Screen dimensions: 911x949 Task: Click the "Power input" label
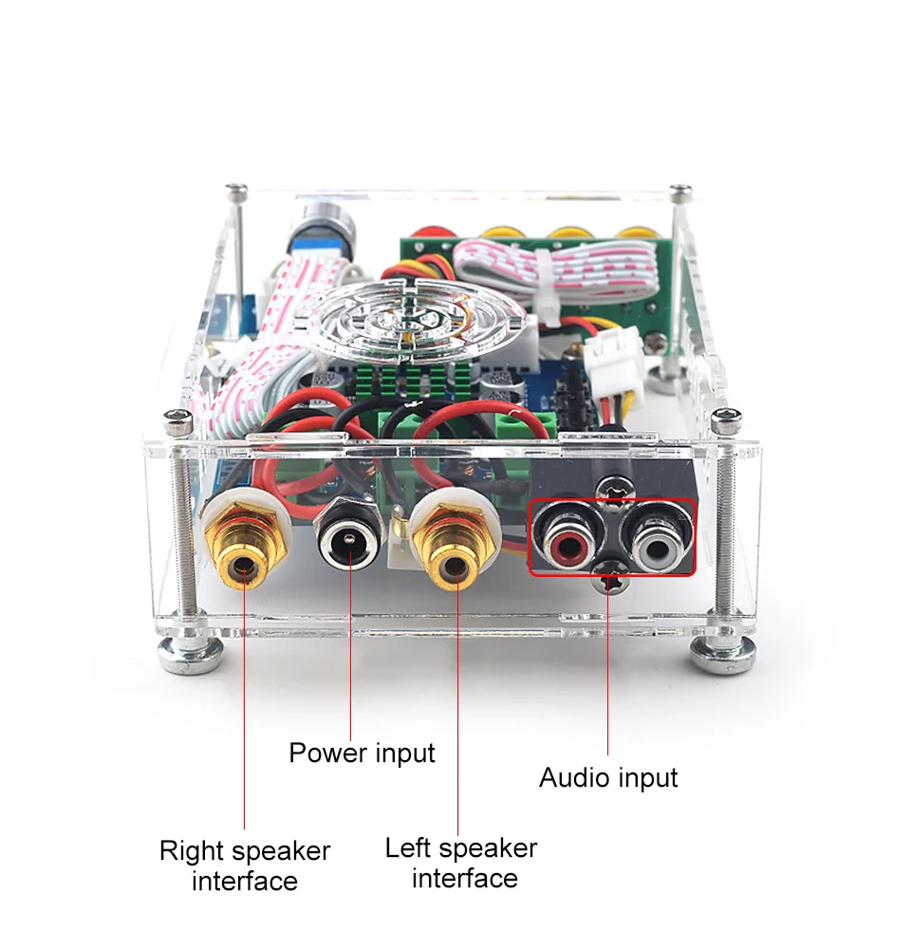362,754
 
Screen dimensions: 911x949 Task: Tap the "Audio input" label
608,778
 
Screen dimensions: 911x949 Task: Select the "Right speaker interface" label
245,865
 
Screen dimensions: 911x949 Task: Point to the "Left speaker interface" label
461,863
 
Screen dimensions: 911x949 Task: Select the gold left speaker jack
455,548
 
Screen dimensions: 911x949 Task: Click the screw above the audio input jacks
613,487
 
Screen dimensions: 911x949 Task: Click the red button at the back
429,233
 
